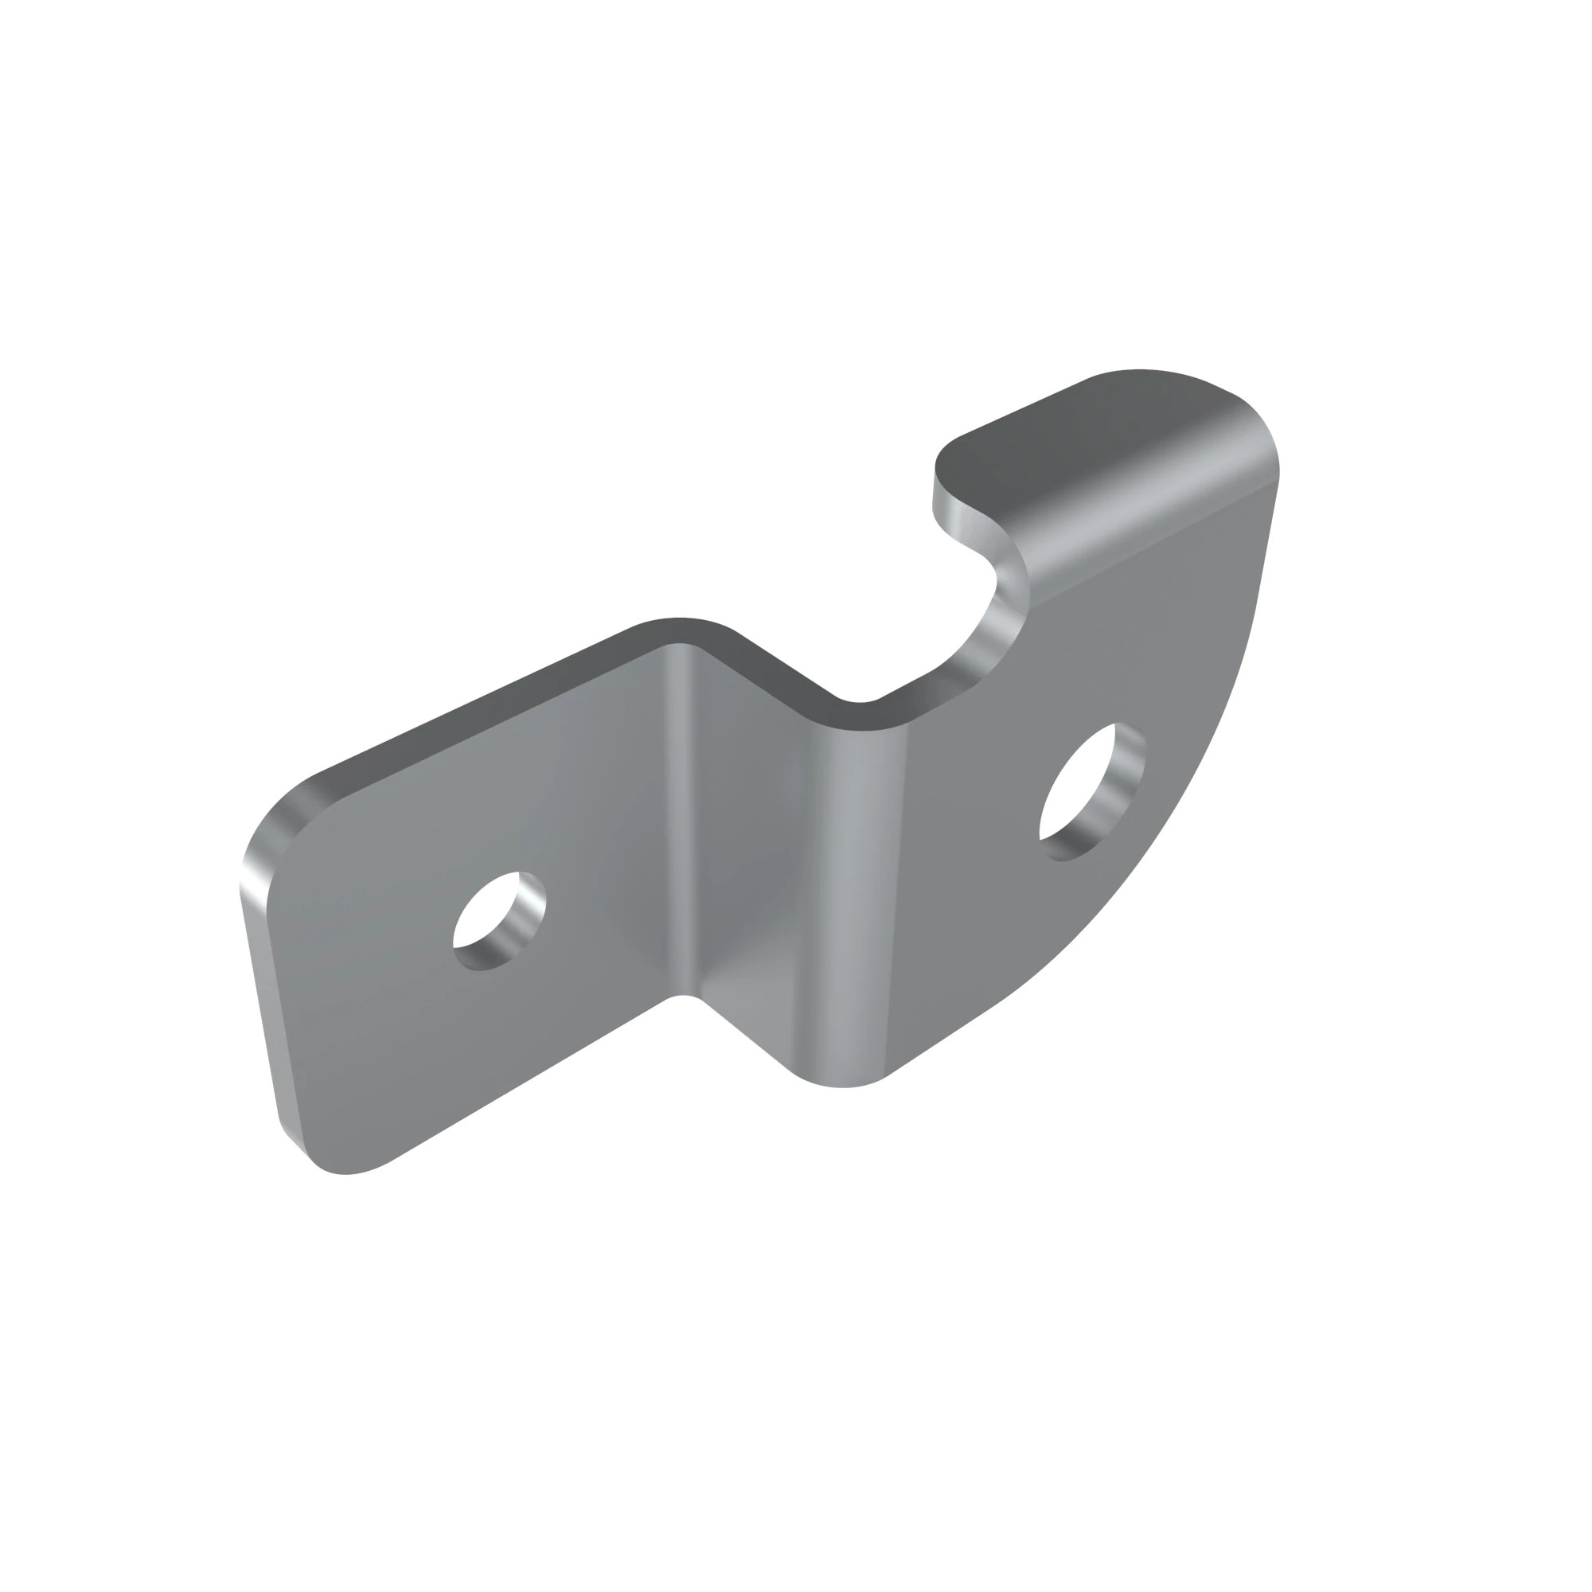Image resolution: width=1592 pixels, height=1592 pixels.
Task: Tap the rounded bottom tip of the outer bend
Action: point(841,1083)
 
